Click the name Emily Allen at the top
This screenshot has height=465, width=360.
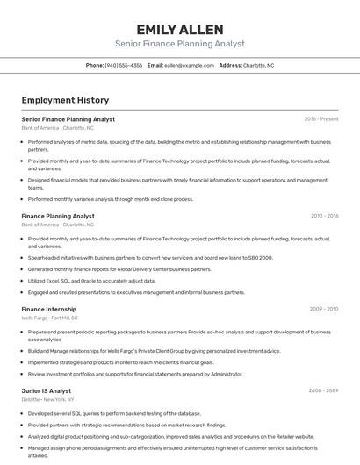click(180, 29)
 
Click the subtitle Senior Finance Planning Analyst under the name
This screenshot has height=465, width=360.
click(180, 44)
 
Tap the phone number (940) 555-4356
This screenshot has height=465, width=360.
click(124, 65)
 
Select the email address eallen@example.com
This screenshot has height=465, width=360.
click(189, 65)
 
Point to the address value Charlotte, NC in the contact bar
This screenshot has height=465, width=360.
click(258, 65)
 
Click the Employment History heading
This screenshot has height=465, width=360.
click(65, 100)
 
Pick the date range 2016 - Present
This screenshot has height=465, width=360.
click(320, 118)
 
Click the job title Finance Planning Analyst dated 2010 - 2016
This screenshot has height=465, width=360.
click(58, 216)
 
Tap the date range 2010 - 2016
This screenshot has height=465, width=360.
click(323, 216)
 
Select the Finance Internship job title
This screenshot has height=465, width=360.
click(49, 309)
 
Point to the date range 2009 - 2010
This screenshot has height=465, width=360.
click(323, 309)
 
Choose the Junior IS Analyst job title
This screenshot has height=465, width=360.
click(47, 390)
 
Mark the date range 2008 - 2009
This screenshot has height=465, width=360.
click(323, 390)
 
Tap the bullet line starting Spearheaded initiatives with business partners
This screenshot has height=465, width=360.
click(150, 258)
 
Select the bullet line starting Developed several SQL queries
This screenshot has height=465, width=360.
click(114, 413)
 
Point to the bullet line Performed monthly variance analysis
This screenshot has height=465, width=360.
click(111, 199)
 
